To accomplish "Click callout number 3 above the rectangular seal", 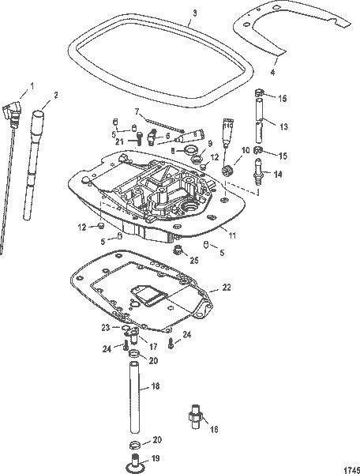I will click(194, 13).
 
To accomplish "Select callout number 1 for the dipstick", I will click(32, 85).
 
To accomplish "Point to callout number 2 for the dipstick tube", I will click(56, 95).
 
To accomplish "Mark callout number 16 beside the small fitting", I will click(212, 430).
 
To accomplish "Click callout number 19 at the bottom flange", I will click(155, 457).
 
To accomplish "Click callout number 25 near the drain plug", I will click(194, 260).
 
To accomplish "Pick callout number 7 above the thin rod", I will click(136, 111).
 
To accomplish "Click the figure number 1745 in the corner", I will click(347, 467).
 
